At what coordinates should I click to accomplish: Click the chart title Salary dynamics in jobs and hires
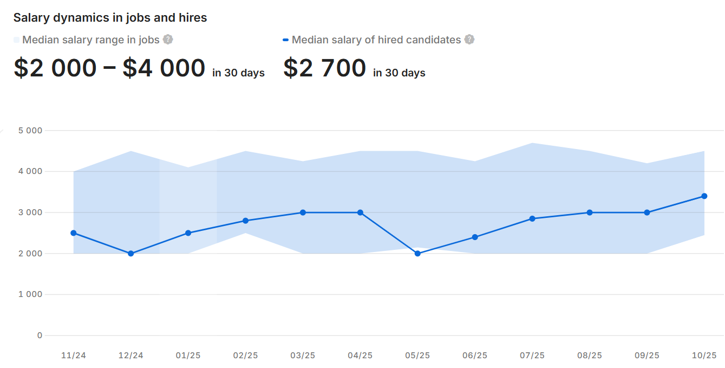pyautogui.click(x=110, y=17)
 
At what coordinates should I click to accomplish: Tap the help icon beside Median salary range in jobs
pyautogui.click(x=168, y=40)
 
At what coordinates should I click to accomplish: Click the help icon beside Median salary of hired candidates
pyautogui.click(x=469, y=40)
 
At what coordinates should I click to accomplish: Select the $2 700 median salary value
pyautogui.click(x=325, y=68)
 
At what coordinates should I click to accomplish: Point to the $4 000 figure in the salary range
pyautogui.click(x=164, y=68)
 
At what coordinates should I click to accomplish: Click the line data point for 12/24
pyautogui.click(x=130, y=254)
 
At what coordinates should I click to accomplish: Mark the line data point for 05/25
pyautogui.click(x=417, y=254)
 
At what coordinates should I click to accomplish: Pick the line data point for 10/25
pyautogui.click(x=704, y=196)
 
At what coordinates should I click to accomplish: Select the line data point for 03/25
pyautogui.click(x=303, y=212)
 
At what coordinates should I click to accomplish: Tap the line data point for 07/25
pyautogui.click(x=532, y=218)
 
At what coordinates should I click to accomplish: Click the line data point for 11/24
pyautogui.click(x=73, y=233)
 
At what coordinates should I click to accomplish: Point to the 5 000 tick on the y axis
pyautogui.click(x=30, y=131)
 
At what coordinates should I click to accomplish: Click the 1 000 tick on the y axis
pyautogui.click(x=30, y=294)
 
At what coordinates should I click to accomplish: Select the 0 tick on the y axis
pyautogui.click(x=40, y=335)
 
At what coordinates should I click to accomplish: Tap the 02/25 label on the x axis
pyautogui.click(x=245, y=356)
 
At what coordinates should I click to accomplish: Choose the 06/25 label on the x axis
pyautogui.click(x=475, y=356)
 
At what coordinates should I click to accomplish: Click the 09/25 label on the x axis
pyautogui.click(x=647, y=356)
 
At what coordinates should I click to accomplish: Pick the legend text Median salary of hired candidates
pyautogui.click(x=376, y=40)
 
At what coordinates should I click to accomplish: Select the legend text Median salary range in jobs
pyautogui.click(x=91, y=40)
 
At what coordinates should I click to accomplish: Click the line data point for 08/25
pyautogui.click(x=590, y=212)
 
